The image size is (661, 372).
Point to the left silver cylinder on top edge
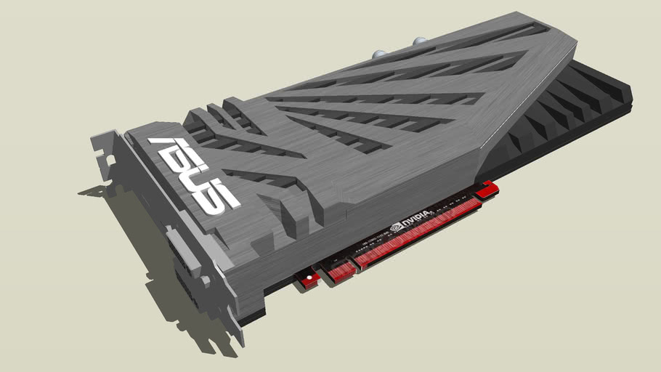point(380,54)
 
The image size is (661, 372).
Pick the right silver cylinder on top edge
point(419,42)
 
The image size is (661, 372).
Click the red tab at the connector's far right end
point(490,189)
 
